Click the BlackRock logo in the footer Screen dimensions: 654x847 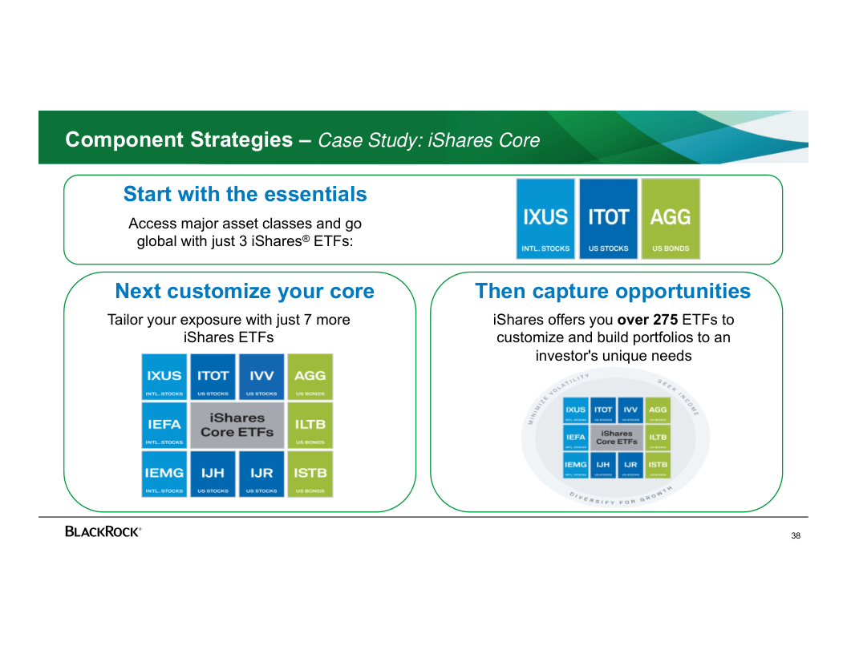point(103,531)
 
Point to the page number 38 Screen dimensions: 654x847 point(795,536)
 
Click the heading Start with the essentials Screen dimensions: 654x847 point(245,194)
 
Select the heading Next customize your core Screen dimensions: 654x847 point(245,291)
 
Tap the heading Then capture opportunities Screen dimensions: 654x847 point(613,291)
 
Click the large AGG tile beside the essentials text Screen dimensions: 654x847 point(671,219)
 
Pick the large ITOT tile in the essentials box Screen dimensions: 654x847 point(608,219)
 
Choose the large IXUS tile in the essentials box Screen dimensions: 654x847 point(545,219)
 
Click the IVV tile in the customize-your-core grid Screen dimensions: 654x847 point(261,377)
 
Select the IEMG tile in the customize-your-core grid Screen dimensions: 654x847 point(164,474)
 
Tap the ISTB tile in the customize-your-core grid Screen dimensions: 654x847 point(310,474)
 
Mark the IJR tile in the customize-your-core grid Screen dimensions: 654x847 point(261,474)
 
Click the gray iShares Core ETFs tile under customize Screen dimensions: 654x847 point(237,425)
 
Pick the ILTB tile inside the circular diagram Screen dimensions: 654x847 point(658,438)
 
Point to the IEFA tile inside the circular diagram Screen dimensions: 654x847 point(575,438)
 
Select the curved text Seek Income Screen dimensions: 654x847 point(679,395)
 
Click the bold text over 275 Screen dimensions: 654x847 point(647,320)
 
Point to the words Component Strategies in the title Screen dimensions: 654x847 point(179,140)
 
